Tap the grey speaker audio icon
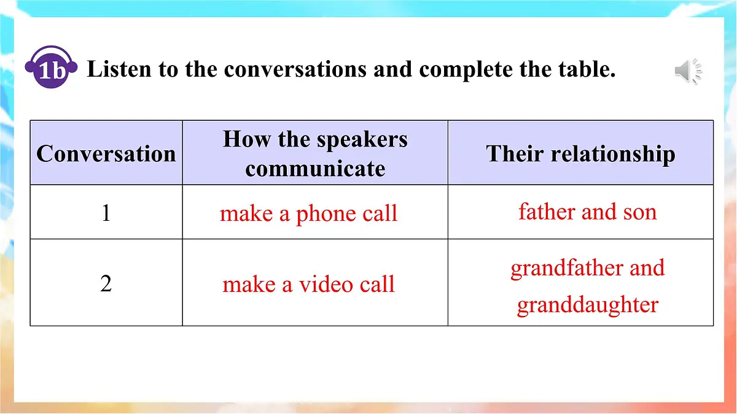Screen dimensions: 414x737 tap(688, 72)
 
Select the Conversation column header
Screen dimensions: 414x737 tap(106, 153)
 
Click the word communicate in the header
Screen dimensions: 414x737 tap(315, 168)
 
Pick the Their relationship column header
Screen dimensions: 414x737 tap(580, 153)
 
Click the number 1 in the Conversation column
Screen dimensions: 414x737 tap(106, 213)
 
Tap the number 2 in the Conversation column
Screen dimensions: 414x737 tap(106, 284)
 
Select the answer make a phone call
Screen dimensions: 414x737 tap(308, 213)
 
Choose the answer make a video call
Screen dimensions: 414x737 tap(308, 285)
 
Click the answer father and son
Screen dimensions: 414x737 tap(587, 212)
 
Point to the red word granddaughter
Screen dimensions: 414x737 tap(587, 305)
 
